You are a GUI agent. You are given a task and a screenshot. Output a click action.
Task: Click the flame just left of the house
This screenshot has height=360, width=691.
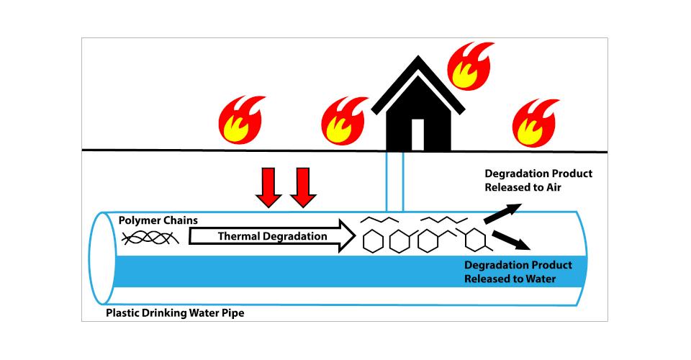pos(345,120)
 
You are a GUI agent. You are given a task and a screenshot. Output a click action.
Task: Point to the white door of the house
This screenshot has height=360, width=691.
pos(416,133)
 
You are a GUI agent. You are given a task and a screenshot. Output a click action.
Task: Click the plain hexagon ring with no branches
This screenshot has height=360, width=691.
pos(371,240)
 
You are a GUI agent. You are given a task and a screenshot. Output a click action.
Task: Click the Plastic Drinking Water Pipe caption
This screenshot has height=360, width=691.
pos(175,313)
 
